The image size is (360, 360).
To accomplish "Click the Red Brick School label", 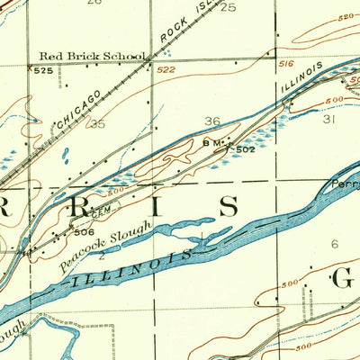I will point(99,56).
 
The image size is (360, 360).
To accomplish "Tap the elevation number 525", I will point(41,70).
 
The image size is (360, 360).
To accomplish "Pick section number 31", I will point(328,118).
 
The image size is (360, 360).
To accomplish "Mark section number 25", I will point(228,7).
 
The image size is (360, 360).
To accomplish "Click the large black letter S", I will point(229,206).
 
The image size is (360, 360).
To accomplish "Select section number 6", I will point(335,244).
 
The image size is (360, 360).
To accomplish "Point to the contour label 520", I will point(346,17).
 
